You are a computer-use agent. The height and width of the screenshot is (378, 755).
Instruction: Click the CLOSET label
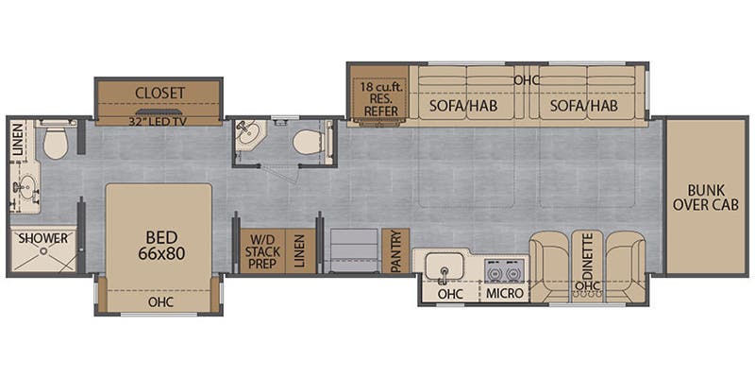(x=159, y=93)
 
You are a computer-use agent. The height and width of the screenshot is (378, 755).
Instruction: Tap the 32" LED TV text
(x=159, y=121)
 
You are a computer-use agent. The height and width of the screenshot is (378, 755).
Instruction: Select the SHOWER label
(x=43, y=238)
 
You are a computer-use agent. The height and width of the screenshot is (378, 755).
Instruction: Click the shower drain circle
(x=44, y=250)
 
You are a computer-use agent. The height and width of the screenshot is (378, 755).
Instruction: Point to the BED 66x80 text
(x=161, y=245)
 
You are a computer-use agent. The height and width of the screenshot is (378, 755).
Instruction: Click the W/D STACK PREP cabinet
(x=263, y=251)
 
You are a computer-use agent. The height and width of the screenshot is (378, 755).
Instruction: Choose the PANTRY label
(x=395, y=250)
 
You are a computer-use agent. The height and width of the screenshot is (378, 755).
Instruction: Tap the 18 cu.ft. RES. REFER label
(x=380, y=99)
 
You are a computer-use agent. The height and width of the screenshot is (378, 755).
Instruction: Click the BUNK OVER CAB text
(x=706, y=197)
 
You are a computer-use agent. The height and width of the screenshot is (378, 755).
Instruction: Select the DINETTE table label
(x=587, y=256)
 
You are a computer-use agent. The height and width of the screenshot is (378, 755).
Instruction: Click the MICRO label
(x=504, y=293)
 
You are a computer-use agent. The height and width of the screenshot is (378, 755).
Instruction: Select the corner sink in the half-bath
(x=249, y=134)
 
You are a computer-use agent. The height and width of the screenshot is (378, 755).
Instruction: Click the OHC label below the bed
(x=160, y=302)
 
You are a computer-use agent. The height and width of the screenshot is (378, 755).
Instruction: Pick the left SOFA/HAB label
(x=463, y=106)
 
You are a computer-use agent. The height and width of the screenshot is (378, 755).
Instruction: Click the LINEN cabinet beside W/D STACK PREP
(x=300, y=251)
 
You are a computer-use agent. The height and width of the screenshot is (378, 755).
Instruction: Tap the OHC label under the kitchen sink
(x=450, y=293)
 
